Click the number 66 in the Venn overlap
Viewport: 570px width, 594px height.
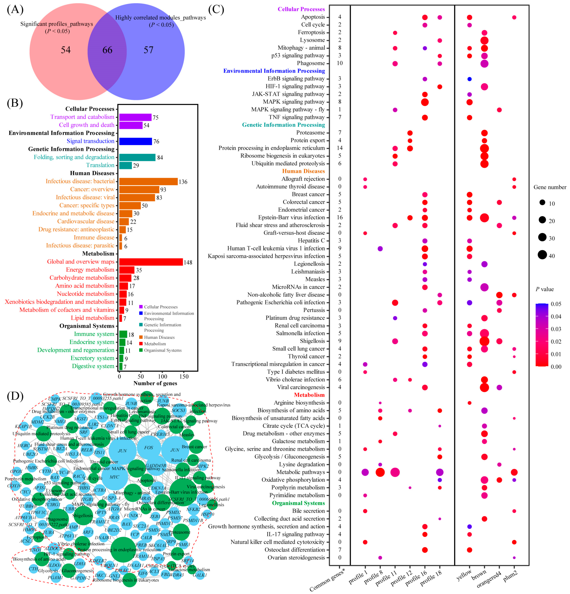(107, 50)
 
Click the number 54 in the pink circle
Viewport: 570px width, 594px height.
(66, 50)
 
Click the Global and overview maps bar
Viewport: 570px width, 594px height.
(151, 262)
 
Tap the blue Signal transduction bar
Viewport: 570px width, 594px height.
(135, 141)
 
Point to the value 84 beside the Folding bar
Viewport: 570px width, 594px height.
(160, 158)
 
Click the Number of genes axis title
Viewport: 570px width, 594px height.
(155, 383)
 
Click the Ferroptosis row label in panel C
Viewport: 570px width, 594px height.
(311, 32)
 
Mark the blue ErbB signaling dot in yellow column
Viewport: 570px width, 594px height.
(469, 79)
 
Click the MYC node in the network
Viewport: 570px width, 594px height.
(114, 477)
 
